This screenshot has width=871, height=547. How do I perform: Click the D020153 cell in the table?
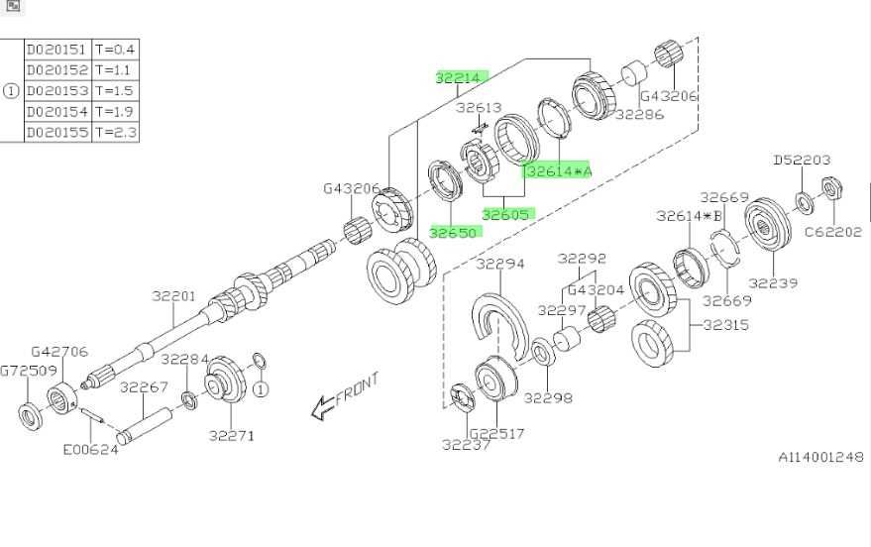(57, 90)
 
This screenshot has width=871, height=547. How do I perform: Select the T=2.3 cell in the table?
(115, 132)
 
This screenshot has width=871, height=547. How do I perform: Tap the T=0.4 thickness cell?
(115, 50)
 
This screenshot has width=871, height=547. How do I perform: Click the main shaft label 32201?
(173, 296)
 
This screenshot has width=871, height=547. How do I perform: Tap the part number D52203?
(802, 160)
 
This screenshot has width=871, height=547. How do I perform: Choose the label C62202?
(833, 232)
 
